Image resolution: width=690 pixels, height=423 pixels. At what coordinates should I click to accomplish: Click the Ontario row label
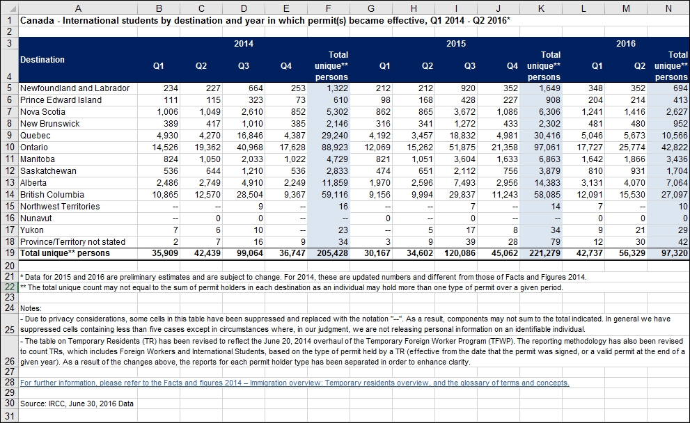click(x=34, y=147)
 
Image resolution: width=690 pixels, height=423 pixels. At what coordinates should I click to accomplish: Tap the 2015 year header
click(x=456, y=44)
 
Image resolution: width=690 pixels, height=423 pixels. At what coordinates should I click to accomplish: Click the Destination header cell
click(x=42, y=60)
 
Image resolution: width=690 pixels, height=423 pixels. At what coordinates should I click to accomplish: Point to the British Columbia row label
click(x=52, y=195)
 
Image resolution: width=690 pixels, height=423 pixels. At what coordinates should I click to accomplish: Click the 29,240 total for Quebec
click(x=334, y=136)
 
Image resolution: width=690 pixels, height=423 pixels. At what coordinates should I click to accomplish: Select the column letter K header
click(x=541, y=8)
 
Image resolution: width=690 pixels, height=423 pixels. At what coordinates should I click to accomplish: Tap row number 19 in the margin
click(x=9, y=253)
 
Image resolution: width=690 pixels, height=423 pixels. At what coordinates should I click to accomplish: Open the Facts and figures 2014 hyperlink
click(x=295, y=383)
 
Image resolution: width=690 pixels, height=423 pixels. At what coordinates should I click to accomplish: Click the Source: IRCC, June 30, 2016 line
click(x=77, y=404)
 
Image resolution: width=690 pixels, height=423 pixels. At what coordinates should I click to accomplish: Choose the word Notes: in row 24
click(x=31, y=308)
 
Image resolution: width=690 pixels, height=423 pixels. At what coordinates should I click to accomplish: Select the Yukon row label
click(x=32, y=230)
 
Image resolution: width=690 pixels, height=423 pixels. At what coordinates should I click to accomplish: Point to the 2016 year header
click(x=626, y=44)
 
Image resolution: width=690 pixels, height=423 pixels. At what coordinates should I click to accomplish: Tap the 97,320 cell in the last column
click(x=675, y=253)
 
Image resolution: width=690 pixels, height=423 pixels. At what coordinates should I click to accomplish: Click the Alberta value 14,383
click(x=547, y=183)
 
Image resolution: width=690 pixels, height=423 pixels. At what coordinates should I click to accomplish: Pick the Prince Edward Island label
click(x=61, y=100)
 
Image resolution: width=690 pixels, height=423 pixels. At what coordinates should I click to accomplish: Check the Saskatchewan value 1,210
click(x=252, y=171)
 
